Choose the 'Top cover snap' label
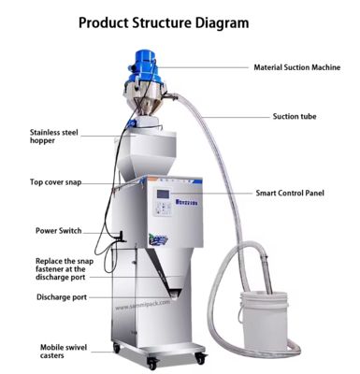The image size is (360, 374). (x=61, y=182)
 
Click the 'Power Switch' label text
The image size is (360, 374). (x=59, y=229)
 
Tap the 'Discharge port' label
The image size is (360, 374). (x=62, y=297)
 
